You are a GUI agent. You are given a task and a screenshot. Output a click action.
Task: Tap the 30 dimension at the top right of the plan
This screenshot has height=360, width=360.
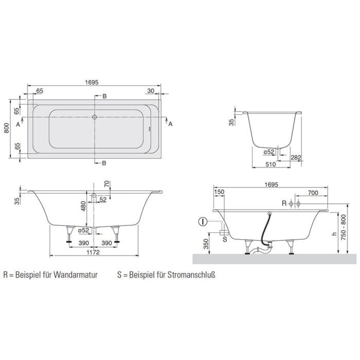(150, 91)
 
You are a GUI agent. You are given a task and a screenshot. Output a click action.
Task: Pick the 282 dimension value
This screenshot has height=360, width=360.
(295, 157)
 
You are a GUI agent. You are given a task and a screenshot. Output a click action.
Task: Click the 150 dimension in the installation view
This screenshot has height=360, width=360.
(220, 192)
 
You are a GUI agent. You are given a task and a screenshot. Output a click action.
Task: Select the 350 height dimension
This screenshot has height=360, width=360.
(206, 243)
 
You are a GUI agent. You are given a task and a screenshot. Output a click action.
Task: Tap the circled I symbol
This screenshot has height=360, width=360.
(203, 222)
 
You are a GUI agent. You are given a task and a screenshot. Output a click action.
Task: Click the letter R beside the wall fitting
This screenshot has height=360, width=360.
(283, 204)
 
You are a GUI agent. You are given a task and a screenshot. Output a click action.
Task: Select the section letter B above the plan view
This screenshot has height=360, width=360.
(104, 96)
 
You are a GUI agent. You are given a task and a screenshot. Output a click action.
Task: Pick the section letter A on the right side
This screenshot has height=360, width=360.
(171, 124)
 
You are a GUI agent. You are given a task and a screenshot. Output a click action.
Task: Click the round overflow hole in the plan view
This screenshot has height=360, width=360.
(95, 117)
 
